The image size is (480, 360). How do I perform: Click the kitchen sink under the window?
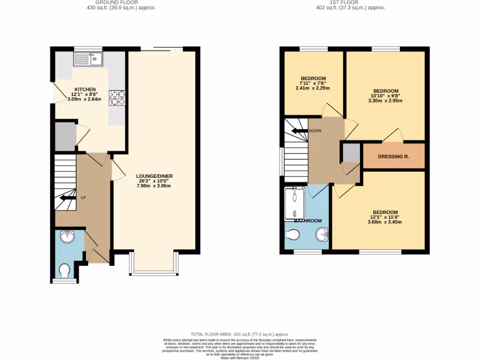tap(88, 60)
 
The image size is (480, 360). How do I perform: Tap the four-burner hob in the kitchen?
tap(117, 99)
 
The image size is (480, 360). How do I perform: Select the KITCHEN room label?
tap(85, 89)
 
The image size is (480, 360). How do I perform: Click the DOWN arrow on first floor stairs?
tap(299, 131)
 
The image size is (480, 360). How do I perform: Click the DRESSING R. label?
tap(393, 157)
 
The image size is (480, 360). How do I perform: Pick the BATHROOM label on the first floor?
tap(307, 221)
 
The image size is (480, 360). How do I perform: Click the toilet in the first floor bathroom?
tap(293, 234)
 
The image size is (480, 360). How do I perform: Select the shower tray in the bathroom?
tap(294, 202)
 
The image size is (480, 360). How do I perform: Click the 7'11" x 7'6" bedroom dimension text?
tap(313, 83)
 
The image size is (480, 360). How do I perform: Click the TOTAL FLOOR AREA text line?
tap(240, 334)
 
